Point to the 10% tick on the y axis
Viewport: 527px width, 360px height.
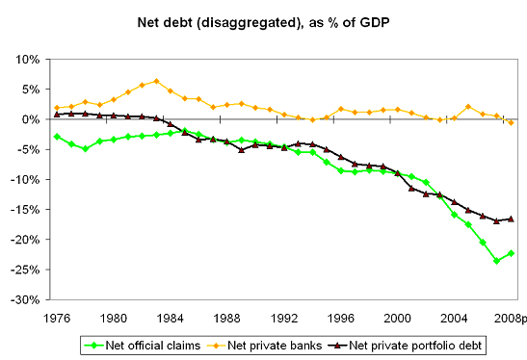25,60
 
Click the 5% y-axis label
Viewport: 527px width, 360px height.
28,90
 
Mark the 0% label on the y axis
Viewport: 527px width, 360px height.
28,119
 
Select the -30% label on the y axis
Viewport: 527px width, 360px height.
25,299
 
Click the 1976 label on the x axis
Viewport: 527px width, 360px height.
58,317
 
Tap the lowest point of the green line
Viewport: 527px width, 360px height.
497,261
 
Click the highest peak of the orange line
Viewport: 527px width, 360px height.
156,81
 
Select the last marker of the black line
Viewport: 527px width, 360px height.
511,219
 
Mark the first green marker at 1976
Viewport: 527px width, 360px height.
58,137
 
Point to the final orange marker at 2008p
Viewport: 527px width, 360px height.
511,123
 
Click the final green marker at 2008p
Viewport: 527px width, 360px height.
511,253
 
